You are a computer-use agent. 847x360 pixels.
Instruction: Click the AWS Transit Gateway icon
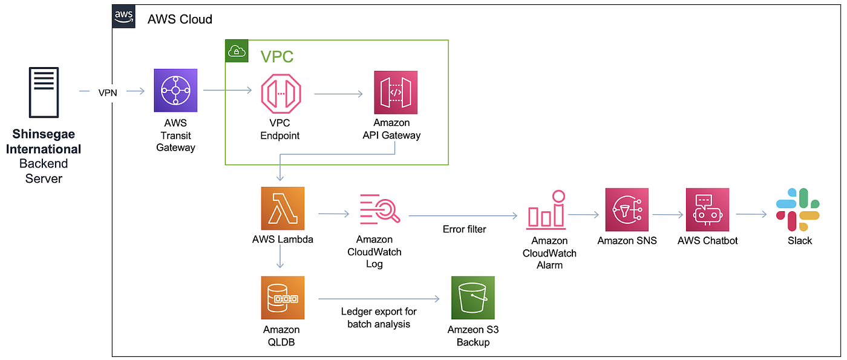175,90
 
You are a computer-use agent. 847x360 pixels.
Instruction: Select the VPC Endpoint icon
281,94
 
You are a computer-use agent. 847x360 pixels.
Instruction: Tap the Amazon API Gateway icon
396,92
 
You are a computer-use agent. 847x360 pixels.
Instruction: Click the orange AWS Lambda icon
283,208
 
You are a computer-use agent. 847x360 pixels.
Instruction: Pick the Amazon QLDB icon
283,298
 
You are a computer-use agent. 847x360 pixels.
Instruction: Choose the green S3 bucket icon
473,298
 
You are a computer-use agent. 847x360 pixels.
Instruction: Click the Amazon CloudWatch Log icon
380,209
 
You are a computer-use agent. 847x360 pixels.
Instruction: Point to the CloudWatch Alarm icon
546,210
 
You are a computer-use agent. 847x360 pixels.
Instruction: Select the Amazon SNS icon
627,209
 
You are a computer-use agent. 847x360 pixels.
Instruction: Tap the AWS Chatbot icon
707,209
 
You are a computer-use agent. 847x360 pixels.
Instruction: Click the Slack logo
797,209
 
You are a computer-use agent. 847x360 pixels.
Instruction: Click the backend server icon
44,92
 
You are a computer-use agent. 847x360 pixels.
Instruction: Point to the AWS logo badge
123,17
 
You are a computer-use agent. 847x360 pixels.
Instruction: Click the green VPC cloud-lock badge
237,51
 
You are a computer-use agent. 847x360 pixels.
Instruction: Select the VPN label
108,93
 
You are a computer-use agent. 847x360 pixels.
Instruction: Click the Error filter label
465,229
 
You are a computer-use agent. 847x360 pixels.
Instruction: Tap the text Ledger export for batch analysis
379,318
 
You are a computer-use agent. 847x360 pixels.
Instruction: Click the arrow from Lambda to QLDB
280,257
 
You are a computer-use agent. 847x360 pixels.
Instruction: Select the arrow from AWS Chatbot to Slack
751,214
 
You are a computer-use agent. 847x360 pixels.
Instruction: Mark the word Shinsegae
44,134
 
